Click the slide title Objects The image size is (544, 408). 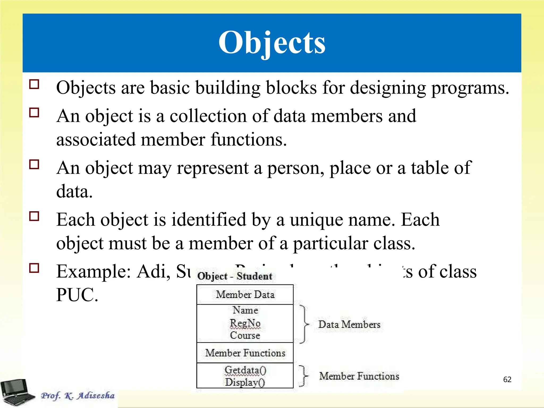point(272,42)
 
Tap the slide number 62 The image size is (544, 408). point(507,379)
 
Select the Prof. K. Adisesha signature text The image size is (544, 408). point(78,396)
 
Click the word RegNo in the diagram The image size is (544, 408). point(245,323)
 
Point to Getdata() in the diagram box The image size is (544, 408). point(245,370)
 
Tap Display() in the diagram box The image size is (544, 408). point(245,382)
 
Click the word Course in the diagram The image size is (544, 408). point(245,335)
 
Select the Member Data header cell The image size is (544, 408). point(245,295)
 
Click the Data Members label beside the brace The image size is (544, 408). point(349,324)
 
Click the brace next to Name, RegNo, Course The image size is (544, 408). point(304,324)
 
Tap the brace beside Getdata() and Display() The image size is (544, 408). point(304,376)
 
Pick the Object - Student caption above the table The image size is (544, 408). point(235,276)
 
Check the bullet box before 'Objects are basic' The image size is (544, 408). point(34,84)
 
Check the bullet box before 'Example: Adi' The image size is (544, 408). point(34,268)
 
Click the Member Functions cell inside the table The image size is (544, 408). point(245,353)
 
